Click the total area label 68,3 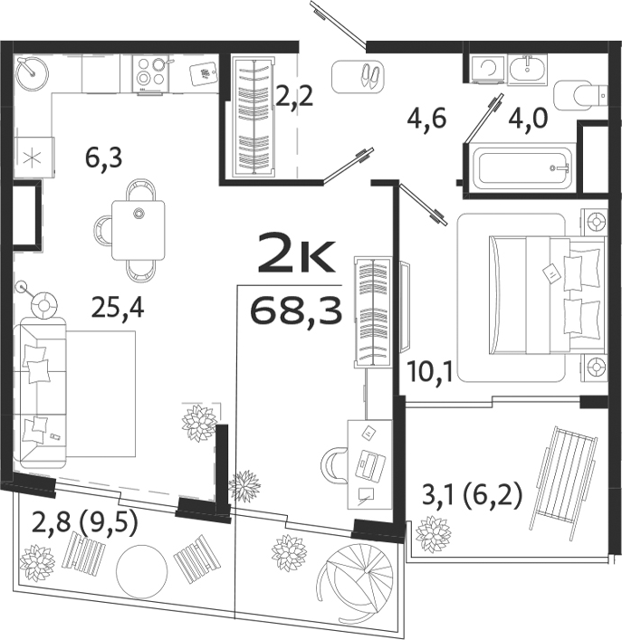(x=296, y=312)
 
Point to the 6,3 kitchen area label (x=104, y=159)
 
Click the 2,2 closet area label (x=294, y=96)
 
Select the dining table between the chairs (x=139, y=230)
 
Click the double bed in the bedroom (x=534, y=294)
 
